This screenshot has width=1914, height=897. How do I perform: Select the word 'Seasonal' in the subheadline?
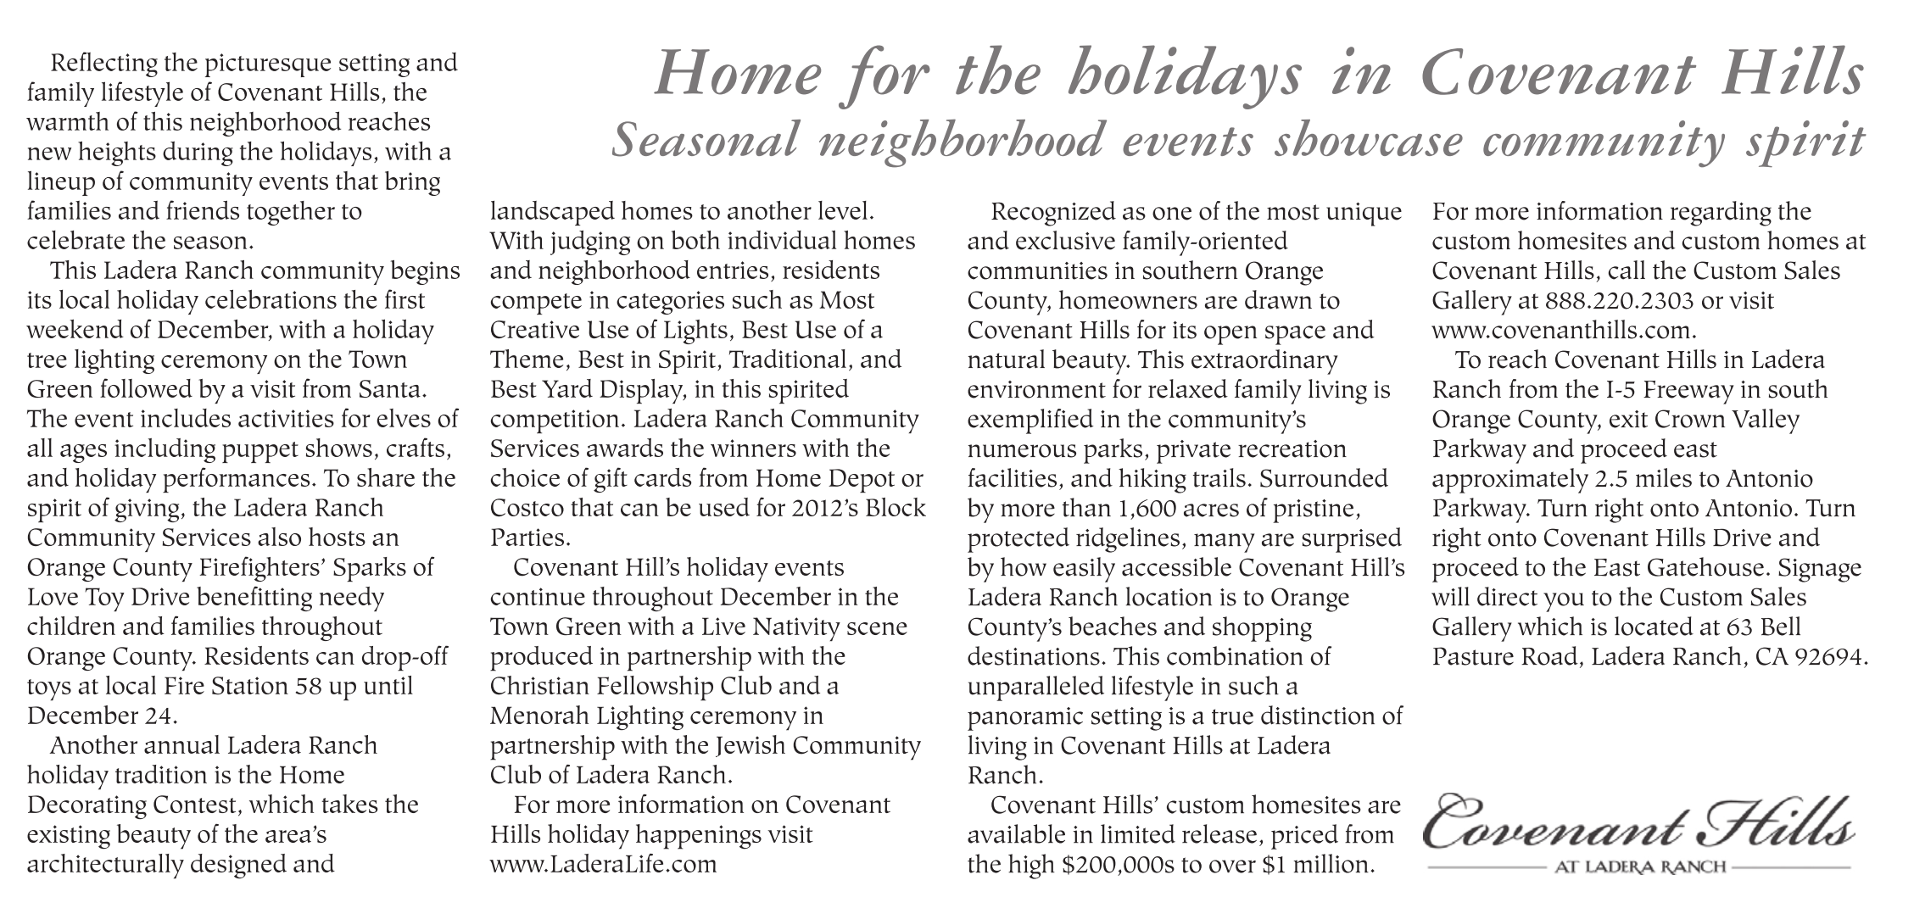point(706,140)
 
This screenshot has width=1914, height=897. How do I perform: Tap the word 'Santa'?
point(390,390)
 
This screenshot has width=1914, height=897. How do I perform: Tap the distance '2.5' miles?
point(1619,479)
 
